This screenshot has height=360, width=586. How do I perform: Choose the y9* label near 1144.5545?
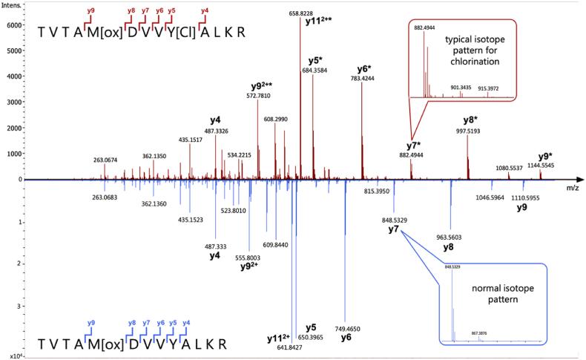(x=547, y=157)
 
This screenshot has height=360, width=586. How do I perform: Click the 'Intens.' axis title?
(x=13, y=6)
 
